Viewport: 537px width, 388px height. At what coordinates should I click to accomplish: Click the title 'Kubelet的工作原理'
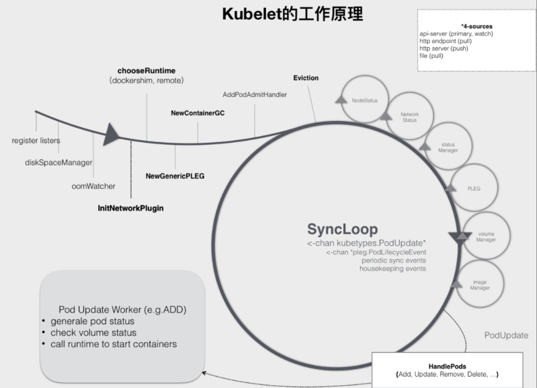coord(292,14)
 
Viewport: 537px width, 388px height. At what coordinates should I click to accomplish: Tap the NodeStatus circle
coord(364,100)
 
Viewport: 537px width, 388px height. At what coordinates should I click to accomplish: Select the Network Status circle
coord(409,117)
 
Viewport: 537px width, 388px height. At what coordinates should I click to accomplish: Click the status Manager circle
coord(447,147)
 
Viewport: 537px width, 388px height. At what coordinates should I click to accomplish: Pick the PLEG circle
coord(474,189)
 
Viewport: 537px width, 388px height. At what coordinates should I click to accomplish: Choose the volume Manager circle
coord(486,237)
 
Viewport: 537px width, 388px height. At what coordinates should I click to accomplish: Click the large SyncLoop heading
coord(342,229)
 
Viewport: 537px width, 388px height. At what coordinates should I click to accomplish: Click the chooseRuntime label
coord(146,71)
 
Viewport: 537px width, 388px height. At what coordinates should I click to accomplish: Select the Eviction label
coord(306,78)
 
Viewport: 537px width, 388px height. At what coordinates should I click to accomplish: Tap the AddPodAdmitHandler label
coord(255,95)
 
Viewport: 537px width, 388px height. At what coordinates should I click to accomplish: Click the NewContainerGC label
coord(198,113)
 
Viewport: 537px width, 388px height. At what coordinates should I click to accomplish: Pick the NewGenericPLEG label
coord(175,176)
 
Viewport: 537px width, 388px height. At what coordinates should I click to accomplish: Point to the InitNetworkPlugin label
coord(131,208)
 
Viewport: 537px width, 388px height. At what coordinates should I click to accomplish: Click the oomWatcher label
coord(93,186)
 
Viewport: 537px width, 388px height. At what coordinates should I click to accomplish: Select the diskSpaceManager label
coord(59,163)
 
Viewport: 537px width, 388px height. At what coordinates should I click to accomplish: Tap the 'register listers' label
coord(36,140)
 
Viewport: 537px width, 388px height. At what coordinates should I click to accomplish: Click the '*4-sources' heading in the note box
coord(477,26)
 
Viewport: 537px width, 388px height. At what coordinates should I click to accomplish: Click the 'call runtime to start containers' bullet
coord(113,344)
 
